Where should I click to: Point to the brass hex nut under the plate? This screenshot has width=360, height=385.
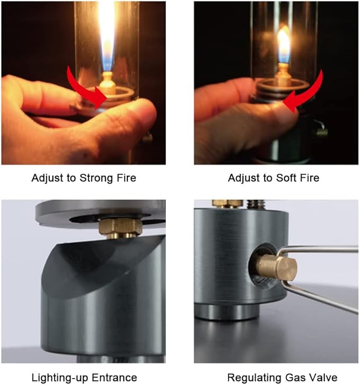120,226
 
